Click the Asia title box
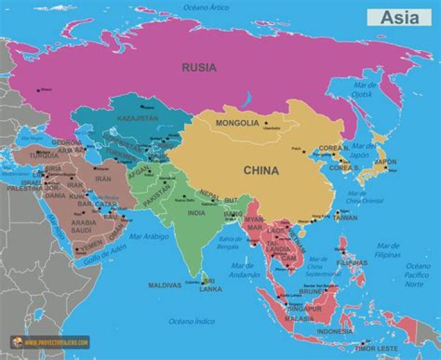(x=399, y=17)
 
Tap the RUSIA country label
(x=198, y=68)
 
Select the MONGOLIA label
(x=237, y=123)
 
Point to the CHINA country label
(x=261, y=171)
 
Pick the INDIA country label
(x=197, y=213)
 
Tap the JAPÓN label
(x=386, y=162)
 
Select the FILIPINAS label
(x=352, y=263)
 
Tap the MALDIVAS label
(x=165, y=285)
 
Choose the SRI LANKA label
(x=211, y=285)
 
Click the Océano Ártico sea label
(x=206, y=7)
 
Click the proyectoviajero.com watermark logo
(x=50, y=342)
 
